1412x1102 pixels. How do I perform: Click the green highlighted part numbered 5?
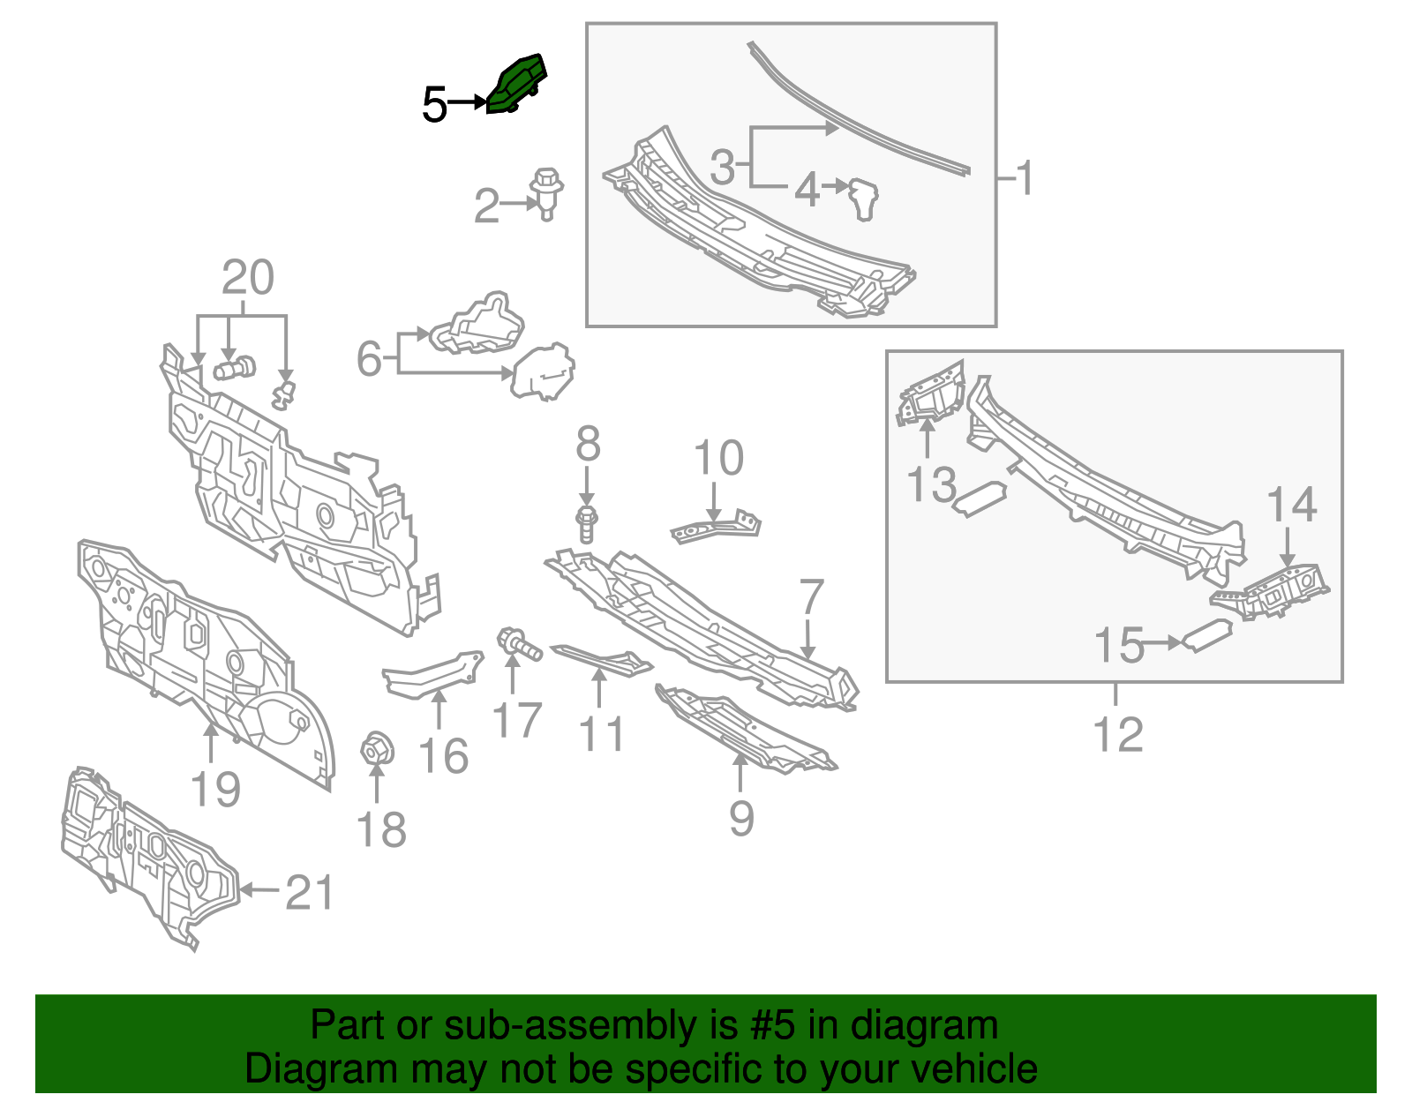pyautogui.click(x=516, y=85)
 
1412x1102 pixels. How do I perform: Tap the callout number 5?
pyautogui.click(x=435, y=104)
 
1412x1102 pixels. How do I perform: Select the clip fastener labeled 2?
pyautogui.click(x=546, y=194)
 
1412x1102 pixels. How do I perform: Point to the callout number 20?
pyautogui.click(x=248, y=277)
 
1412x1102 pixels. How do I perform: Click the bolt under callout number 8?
pyautogui.click(x=587, y=525)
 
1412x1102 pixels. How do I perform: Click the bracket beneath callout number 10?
pyautogui.click(x=716, y=528)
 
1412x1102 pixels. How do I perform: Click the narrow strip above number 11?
pyautogui.click(x=601, y=661)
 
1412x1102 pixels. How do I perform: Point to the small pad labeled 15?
pyautogui.click(x=1206, y=636)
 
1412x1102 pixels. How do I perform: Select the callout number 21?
pyautogui.click(x=310, y=893)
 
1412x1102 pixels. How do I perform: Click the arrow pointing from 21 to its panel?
pyautogui.click(x=260, y=889)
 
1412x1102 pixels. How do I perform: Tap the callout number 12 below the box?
pyautogui.click(x=1117, y=734)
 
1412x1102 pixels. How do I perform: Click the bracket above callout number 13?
pyautogui.click(x=930, y=395)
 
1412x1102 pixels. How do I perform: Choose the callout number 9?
pyautogui.click(x=741, y=819)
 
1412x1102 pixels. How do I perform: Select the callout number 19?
pyautogui.click(x=216, y=790)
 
